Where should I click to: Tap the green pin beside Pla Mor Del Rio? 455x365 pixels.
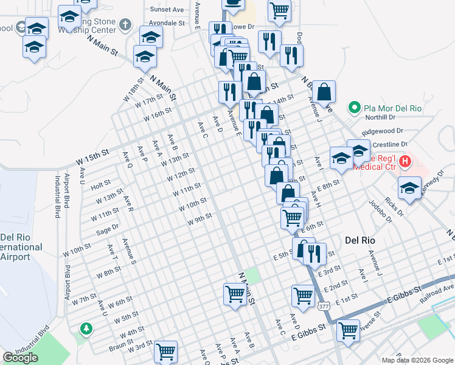[354, 108]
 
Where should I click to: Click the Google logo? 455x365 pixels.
[21, 358]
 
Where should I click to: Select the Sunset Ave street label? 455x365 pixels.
[167, 10]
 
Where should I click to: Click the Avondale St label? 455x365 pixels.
[167, 23]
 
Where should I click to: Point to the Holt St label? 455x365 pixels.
[100, 182]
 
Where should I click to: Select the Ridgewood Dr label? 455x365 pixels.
[383, 131]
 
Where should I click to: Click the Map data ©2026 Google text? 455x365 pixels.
[417, 360]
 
